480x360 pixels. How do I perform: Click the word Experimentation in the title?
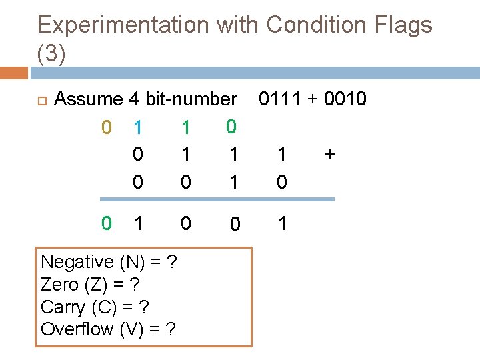[123, 25]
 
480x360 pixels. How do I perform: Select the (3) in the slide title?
[51, 55]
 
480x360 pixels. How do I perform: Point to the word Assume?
[89, 99]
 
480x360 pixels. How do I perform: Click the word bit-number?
[191, 99]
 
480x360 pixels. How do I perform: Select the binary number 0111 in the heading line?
[284, 99]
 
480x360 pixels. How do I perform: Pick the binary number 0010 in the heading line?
[345, 99]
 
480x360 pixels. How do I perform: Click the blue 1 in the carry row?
[137, 127]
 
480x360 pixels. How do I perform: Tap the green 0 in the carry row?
[231, 125]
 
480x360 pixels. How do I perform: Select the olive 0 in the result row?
[106, 223]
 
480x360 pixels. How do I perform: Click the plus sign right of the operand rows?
[329, 155]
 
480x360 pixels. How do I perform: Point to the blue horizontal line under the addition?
[217, 199]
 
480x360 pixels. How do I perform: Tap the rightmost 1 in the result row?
[282, 223]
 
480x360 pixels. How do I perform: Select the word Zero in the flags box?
[59, 285]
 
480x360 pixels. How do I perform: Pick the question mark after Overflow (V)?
[171, 329]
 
